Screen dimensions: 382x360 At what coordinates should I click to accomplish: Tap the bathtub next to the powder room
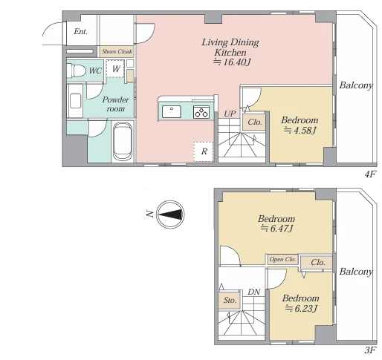pyautogui.click(x=123, y=142)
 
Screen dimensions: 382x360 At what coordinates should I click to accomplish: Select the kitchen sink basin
pyautogui.click(x=172, y=112)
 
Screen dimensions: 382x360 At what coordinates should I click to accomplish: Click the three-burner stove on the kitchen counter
pyautogui.click(x=201, y=112)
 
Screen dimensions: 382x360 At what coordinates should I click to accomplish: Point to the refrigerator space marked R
pyautogui.click(x=204, y=151)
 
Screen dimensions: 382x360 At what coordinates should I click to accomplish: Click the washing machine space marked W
pyautogui.click(x=115, y=68)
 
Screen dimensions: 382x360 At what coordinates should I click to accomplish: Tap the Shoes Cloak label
pyautogui.click(x=117, y=51)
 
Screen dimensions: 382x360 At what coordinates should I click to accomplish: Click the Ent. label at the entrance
pyautogui.click(x=80, y=32)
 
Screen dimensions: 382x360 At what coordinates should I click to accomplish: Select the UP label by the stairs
pyautogui.click(x=230, y=114)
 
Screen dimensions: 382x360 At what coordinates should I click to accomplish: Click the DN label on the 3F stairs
pyautogui.click(x=253, y=292)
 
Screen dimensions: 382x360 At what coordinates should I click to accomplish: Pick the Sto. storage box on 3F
pyautogui.click(x=230, y=301)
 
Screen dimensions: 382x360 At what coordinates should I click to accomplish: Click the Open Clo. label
pyautogui.click(x=282, y=259)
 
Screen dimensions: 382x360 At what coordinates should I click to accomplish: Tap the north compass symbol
pyautogui.click(x=171, y=215)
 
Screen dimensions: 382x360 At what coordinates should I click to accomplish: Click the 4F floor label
pyautogui.click(x=370, y=174)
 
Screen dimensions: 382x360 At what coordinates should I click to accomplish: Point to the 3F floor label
pyautogui.click(x=370, y=350)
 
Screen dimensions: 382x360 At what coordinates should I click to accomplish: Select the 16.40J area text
pyautogui.click(x=232, y=62)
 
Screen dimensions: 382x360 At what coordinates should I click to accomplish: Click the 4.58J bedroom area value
pyautogui.click(x=300, y=130)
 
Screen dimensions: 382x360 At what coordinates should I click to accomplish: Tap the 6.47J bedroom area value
pyautogui.click(x=276, y=228)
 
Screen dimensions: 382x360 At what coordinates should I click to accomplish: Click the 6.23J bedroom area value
pyautogui.click(x=301, y=308)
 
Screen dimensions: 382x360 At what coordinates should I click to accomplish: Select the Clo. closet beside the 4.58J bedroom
pyautogui.click(x=254, y=122)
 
